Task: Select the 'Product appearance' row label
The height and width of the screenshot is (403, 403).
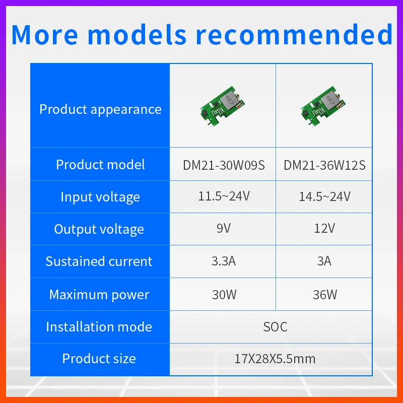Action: [x=100, y=109]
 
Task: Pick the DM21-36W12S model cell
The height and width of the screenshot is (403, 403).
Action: [x=324, y=165]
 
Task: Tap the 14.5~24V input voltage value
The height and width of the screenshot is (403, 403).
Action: [x=324, y=196]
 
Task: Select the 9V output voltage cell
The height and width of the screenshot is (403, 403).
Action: [x=223, y=229]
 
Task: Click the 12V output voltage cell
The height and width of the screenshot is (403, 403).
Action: [x=324, y=229]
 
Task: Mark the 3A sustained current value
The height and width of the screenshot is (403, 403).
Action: [x=324, y=261]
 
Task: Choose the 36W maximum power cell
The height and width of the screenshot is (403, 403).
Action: [x=324, y=294]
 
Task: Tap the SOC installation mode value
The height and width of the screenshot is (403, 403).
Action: [x=275, y=327]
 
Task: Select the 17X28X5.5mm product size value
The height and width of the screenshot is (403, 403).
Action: [x=275, y=359]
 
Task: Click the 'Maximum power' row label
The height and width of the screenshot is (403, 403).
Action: [x=99, y=295]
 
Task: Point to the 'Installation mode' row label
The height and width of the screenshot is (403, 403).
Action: [x=99, y=327]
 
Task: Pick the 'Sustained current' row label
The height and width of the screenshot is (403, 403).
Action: [x=99, y=261]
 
